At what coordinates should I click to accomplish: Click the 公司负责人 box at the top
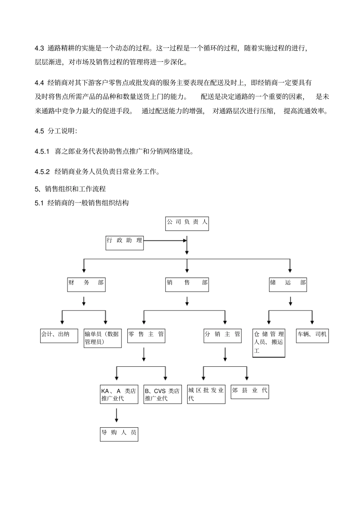[187, 223]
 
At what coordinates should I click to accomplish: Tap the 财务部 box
[86, 284]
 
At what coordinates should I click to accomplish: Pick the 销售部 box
[187, 284]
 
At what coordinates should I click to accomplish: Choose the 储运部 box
[288, 284]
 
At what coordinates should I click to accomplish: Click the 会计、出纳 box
[59, 336]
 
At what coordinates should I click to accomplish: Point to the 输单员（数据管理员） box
[102, 338]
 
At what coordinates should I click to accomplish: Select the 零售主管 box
[146, 336]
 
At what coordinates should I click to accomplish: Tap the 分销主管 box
[222, 336]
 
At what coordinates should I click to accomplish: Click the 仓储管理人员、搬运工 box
[269, 343]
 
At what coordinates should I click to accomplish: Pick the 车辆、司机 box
[312, 336]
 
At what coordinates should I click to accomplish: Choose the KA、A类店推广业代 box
[119, 394]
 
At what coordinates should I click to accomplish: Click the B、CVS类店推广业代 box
[163, 394]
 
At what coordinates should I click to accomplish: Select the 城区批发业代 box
[206, 394]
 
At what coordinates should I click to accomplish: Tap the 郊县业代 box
[250, 392]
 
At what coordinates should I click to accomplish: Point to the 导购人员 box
[119, 434]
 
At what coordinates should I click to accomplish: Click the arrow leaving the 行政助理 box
[165, 240]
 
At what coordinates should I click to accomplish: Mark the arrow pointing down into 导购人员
[116, 415]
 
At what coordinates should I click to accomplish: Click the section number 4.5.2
[42, 171]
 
